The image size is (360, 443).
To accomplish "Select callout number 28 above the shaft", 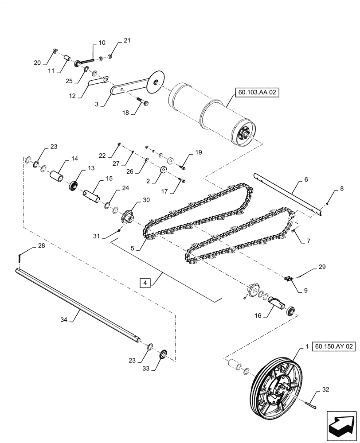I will coord(28,248).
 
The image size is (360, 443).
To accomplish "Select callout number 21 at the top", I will coord(127,41).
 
